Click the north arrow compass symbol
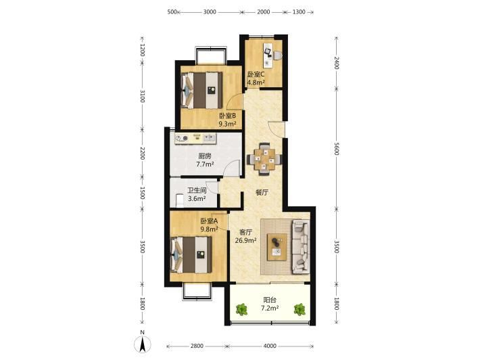143,344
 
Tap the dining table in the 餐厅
265,158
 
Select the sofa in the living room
300,246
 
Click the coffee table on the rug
277,247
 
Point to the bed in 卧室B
201,90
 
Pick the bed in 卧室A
191,255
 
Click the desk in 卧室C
268,55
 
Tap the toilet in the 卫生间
180,200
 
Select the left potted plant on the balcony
242,309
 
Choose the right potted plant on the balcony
299,309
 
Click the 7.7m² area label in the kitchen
205,164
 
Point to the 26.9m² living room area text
246,240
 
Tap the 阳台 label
270,300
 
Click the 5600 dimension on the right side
337,149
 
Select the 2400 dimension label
337,63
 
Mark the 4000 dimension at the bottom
270,346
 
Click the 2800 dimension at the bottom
197,346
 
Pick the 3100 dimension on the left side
143,96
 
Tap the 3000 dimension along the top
210,12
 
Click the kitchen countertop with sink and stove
195,139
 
